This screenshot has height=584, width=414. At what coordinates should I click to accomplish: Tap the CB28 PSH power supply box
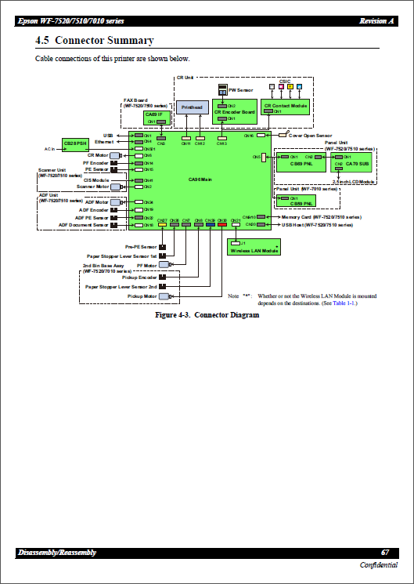(75, 144)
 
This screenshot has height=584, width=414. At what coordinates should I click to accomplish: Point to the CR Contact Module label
(286, 104)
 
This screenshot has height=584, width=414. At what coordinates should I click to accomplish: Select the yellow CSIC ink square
(290, 85)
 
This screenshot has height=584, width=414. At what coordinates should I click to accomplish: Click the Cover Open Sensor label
(310, 136)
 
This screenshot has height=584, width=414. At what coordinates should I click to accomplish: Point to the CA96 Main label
(201, 179)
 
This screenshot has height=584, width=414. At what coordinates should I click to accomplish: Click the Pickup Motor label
(142, 297)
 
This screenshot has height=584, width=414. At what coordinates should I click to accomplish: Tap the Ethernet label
(104, 142)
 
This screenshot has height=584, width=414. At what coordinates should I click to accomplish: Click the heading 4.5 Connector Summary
(94, 40)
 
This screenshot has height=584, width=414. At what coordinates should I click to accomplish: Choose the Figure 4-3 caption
(207, 315)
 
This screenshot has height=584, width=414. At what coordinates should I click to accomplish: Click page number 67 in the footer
(385, 553)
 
